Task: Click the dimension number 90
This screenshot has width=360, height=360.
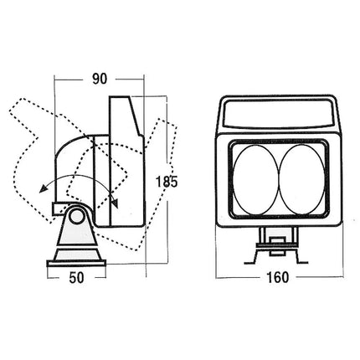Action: (100, 79)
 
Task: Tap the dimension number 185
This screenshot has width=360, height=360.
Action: (167, 182)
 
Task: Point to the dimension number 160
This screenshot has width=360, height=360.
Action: (277, 277)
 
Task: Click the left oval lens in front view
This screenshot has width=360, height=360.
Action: (255, 179)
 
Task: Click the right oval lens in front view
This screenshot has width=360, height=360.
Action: (302, 179)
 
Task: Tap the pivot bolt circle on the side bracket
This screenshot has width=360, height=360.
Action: (76, 215)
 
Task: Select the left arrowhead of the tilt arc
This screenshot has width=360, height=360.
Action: (43, 189)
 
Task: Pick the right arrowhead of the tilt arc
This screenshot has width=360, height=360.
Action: (115, 203)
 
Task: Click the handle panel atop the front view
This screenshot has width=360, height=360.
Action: (279, 114)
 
